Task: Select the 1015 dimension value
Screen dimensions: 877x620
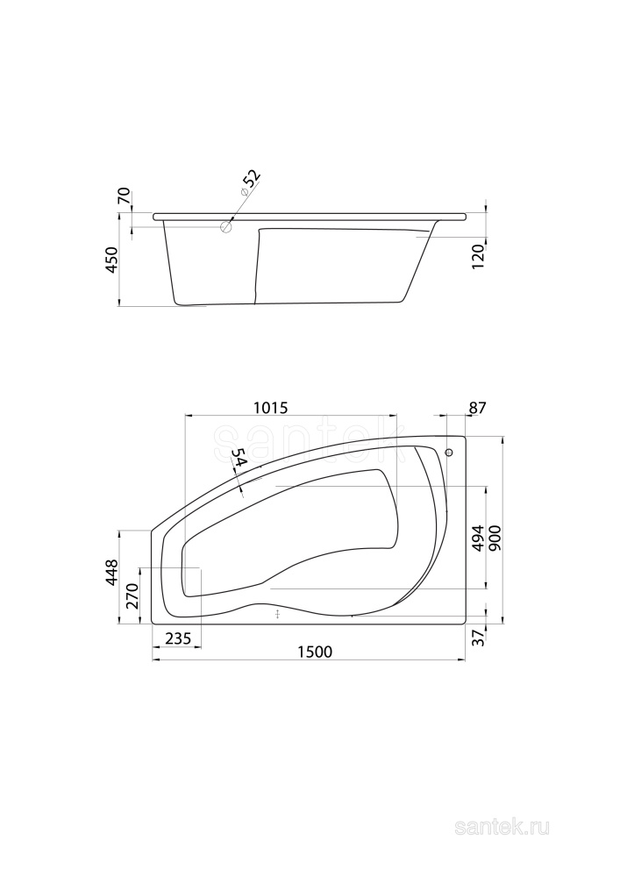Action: point(271,407)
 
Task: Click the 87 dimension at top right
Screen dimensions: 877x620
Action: point(476,407)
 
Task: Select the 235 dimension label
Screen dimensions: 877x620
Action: point(178,638)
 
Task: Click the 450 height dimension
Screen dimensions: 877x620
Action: point(112,261)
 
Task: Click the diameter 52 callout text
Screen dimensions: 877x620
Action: point(251,181)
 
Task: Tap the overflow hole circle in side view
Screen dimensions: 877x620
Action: point(226,227)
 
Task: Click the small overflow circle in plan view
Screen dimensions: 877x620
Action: point(449,453)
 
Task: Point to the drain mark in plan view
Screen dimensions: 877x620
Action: point(277,614)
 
